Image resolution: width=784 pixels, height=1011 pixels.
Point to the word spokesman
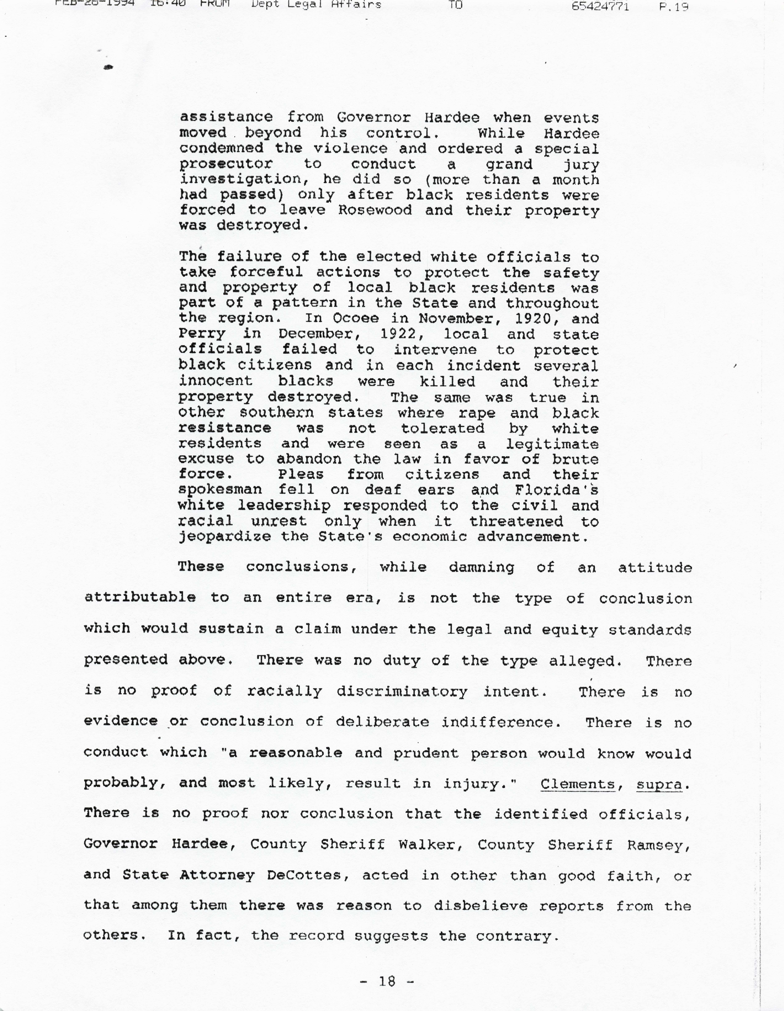[220, 490]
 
